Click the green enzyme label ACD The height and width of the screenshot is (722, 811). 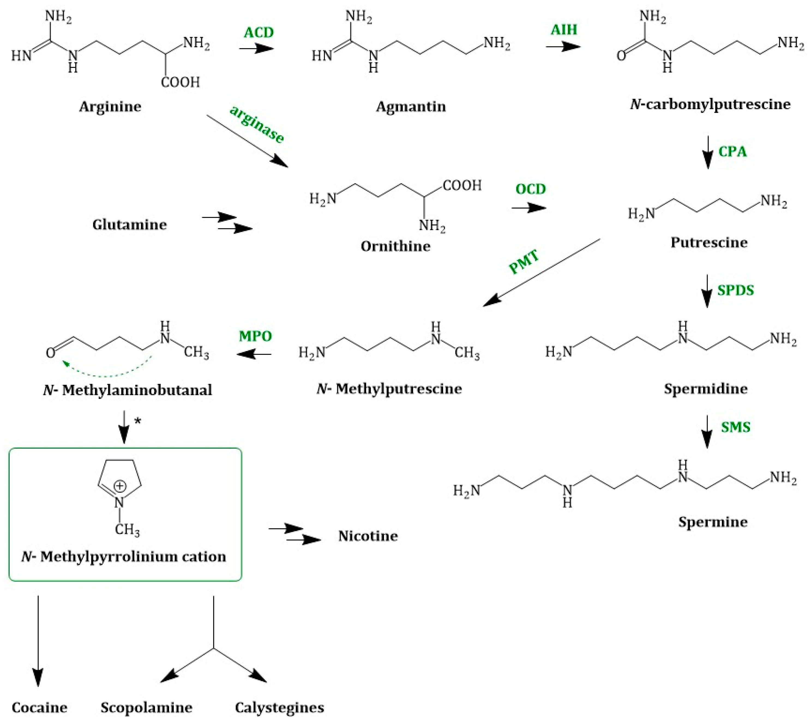[259, 32]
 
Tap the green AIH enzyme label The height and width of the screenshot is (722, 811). [564, 30]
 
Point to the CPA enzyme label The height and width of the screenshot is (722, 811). [732, 152]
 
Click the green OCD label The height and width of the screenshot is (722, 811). [531, 189]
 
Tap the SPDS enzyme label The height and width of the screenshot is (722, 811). [735, 290]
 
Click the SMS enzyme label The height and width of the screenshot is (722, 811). [735, 427]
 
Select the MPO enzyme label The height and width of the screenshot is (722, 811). [255, 336]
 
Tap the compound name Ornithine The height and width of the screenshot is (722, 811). [395, 246]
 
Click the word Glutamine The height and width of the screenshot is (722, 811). [130, 225]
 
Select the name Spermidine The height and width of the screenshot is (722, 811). [705, 388]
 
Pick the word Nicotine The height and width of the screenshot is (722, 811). [368, 536]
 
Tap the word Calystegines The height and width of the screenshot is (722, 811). [280, 707]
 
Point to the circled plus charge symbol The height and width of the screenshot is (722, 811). [120, 486]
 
